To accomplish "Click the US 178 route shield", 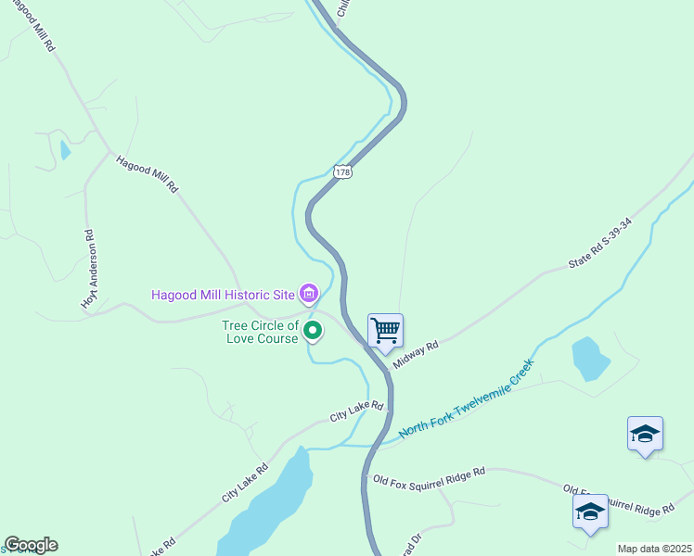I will click(x=342, y=171).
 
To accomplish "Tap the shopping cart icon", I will click(x=385, y=331).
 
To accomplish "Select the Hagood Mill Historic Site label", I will click(x=223, y=296).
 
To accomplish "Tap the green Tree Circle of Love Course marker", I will click(x=314, y=330).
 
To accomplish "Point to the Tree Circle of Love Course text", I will click(x=261, y=332).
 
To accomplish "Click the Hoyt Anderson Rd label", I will click(x=89, y=270).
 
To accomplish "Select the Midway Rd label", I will click(x=415, y=353).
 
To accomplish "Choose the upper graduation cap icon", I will click(x=645, y=434).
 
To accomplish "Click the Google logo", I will click(x=31, y=545).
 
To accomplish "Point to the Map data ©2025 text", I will click(x=654, y=549).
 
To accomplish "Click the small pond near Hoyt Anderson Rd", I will click(x=64, y=149).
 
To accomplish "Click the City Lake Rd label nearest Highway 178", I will click(x=357, y=412).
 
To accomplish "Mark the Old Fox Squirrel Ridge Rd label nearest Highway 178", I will click(x=429, y=476).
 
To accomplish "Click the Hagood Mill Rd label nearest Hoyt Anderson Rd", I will click(x=146, y=173).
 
